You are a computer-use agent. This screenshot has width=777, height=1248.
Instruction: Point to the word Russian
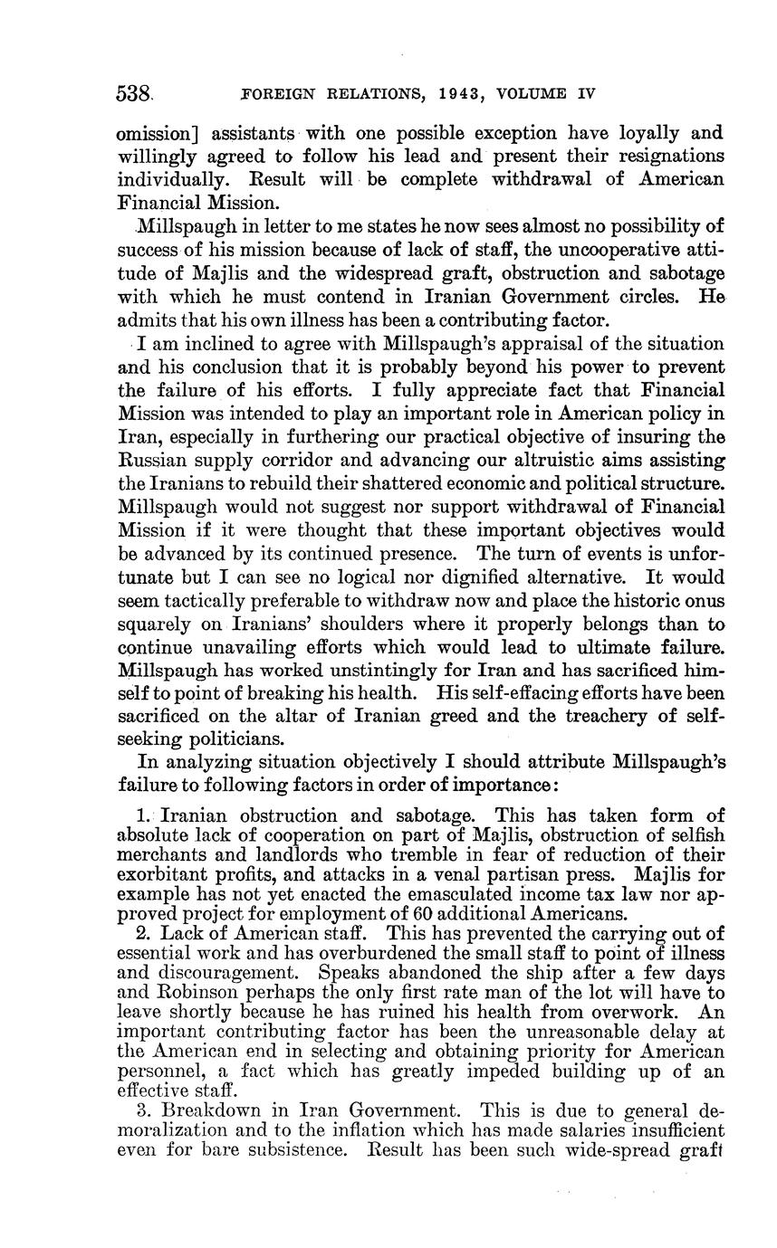[x=158, y=461]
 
